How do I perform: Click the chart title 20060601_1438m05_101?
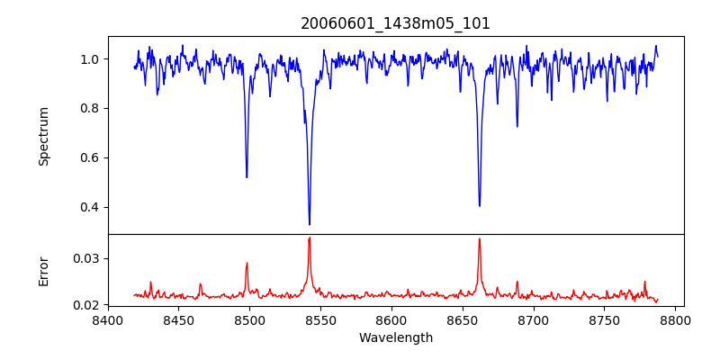tap(395, 23)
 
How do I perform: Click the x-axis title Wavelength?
tap(395, 338)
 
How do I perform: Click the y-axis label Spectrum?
tap(44, 136)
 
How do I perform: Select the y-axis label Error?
tap(44, 270)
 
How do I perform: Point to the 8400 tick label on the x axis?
tap(108, 319)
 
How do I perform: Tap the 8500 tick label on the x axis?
tap(249, 319)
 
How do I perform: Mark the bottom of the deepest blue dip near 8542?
tap(310, 224)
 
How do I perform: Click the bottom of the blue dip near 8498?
tap(247, 177)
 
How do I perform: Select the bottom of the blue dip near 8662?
tap(480, 206)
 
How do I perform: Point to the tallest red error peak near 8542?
tap(310, 238)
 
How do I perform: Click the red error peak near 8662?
tap(480, 239)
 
